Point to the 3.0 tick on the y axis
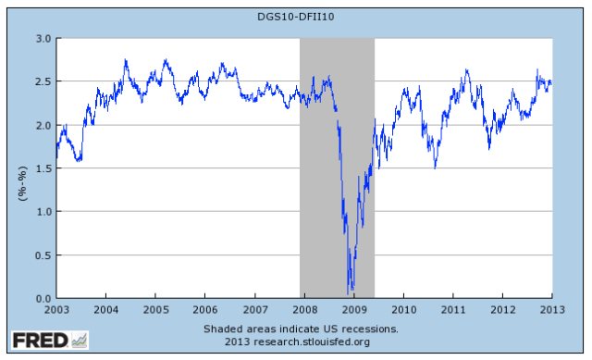point(43,38)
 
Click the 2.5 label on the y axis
point(43,81)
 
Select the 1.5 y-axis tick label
point(43,168)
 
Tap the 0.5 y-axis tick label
point(43,255)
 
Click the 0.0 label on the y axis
point(43,299)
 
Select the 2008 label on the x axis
point(304,310)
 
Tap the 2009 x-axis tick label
point(354,310)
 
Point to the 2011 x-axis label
point(453,310)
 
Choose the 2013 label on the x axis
point(552,310)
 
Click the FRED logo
point(39,340)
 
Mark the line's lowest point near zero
point(350,292)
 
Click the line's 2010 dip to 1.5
point(436,168)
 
